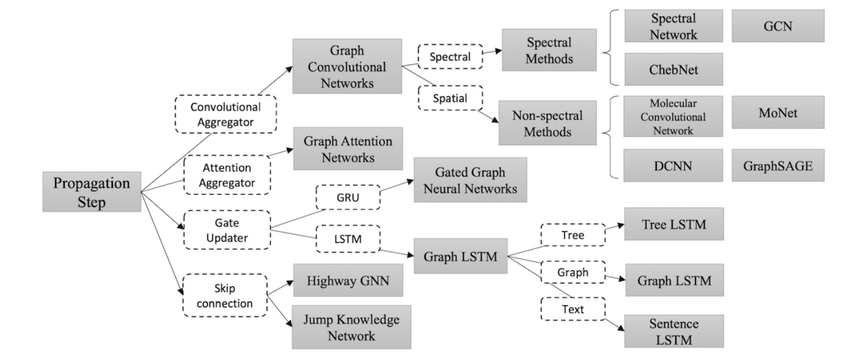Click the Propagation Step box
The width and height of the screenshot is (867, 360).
(x=91, y=192)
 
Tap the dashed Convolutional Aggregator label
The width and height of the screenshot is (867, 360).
(x=226, y=114)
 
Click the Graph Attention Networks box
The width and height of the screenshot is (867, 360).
(x=347, y=150)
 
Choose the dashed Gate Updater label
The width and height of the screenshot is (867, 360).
(x=226, y=230)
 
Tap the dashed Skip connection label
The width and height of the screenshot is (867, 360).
(x=225, y=295)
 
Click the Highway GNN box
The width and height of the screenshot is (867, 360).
(x=347, y=280)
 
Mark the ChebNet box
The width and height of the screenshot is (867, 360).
(x=673, y=70)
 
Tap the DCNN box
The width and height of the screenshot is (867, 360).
(x=673, y=166)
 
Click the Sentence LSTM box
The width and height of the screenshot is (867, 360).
(x=673, y=331)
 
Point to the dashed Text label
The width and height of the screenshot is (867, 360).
(x=572, y=309)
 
